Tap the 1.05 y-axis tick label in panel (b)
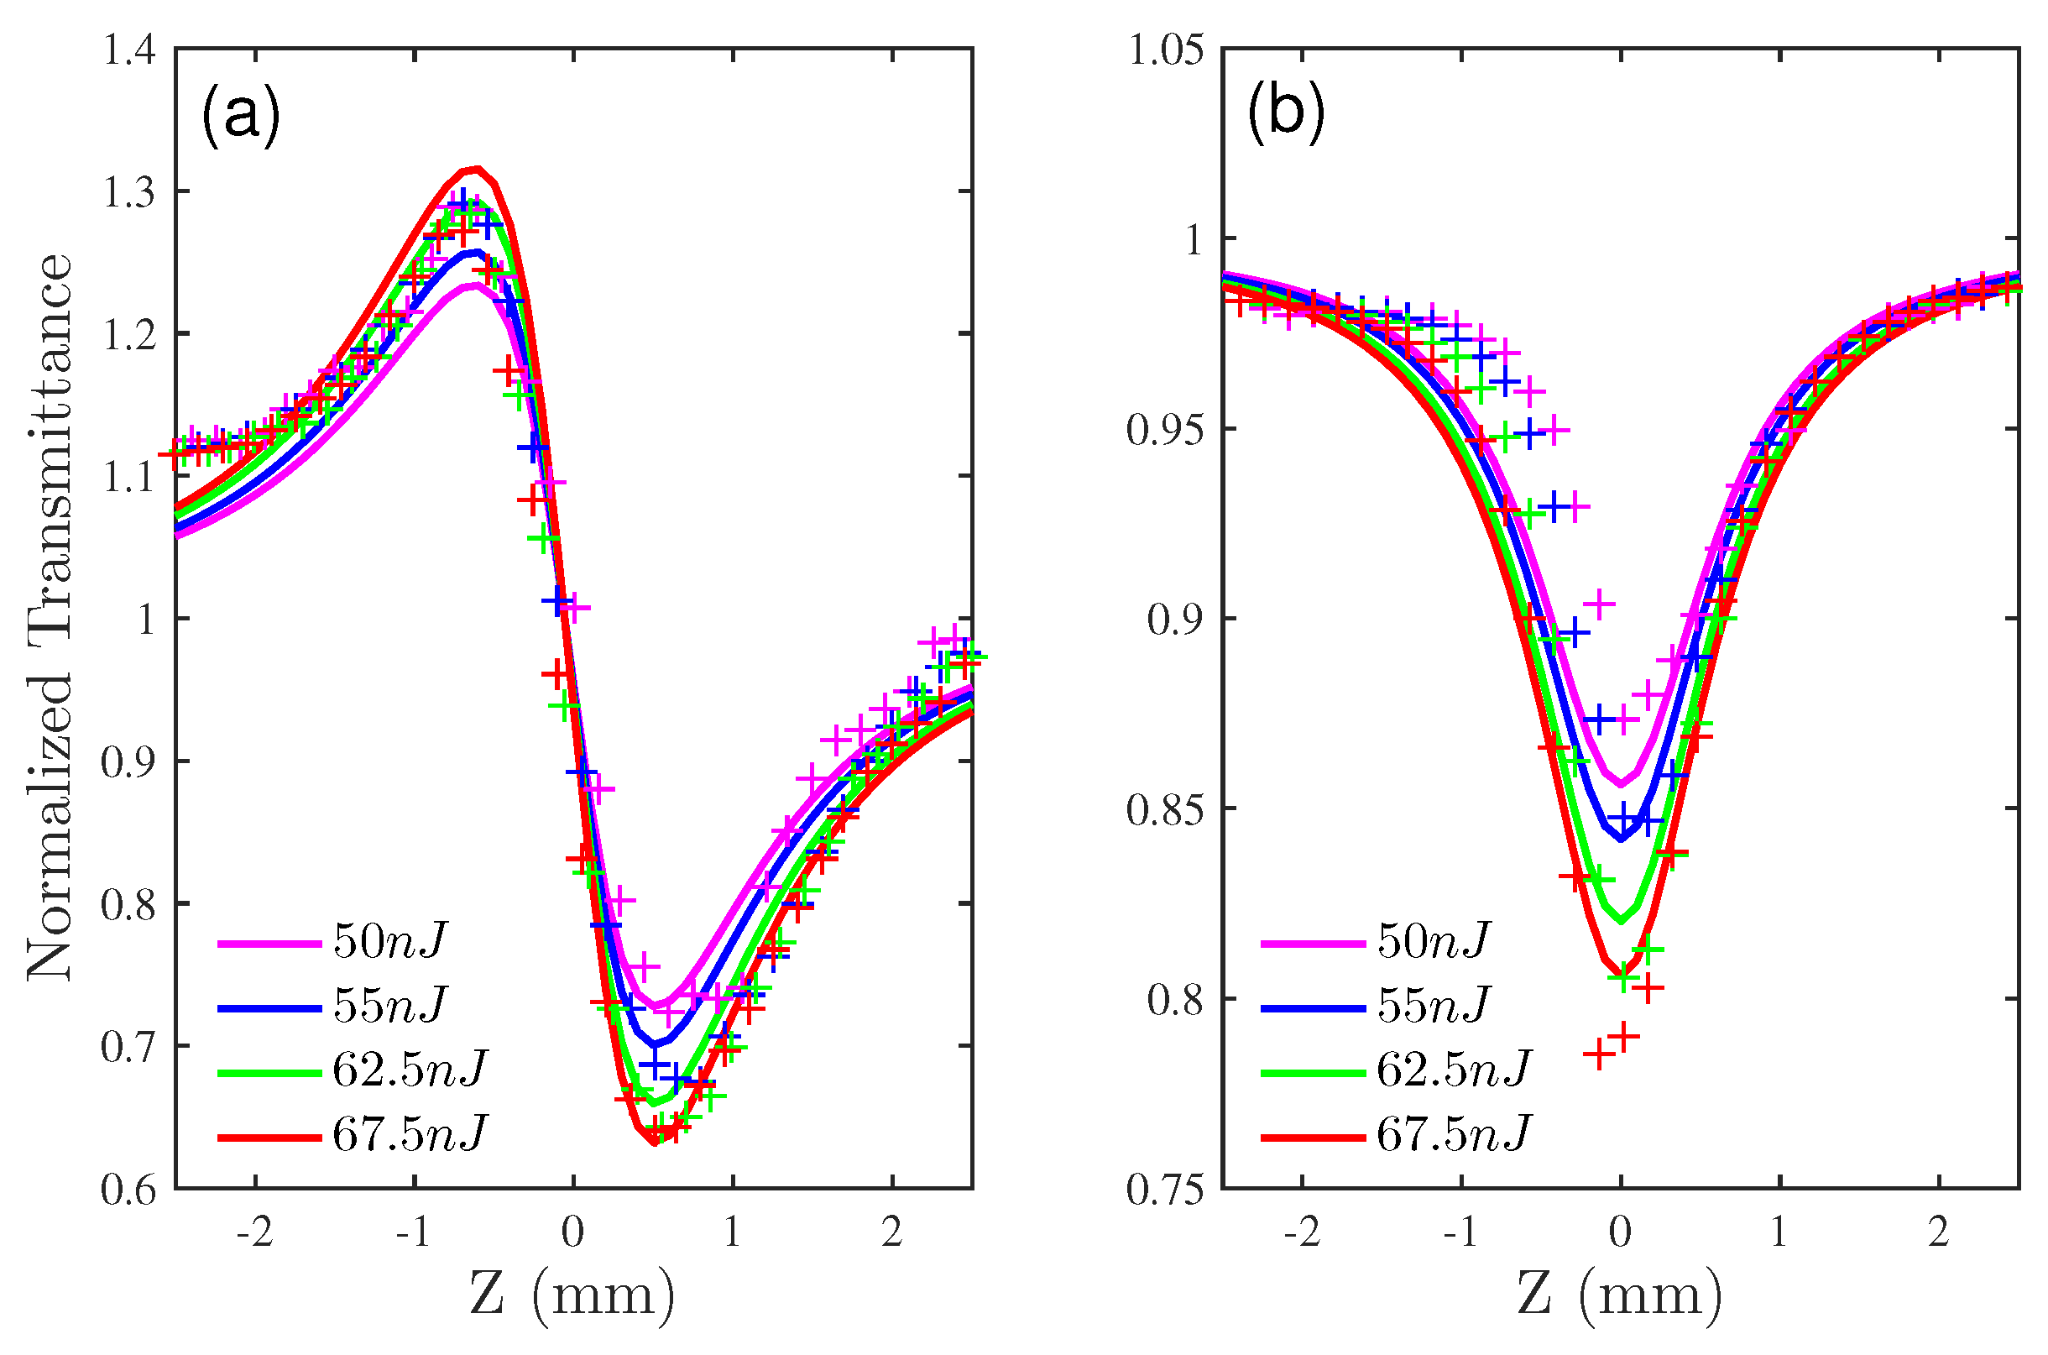1166,50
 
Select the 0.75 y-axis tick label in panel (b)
1166,1190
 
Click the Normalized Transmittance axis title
50,618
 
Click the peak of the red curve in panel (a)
476,169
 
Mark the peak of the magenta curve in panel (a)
473,285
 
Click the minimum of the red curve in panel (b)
1621,970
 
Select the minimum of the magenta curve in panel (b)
1621,785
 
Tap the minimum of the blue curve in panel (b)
1621,839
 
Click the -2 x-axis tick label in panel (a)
255,1232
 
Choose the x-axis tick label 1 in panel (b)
1779,1232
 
